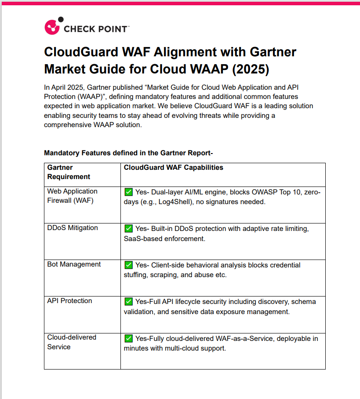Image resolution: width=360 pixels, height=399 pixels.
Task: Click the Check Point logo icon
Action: click(52, 26)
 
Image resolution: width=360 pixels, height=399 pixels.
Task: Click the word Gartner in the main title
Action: click(273, 52)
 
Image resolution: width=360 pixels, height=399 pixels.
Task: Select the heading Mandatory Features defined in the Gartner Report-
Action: click(128, 153)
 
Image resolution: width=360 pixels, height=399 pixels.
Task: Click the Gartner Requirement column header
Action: click(69, 172)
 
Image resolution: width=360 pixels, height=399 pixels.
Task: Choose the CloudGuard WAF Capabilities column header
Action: click(173, 168)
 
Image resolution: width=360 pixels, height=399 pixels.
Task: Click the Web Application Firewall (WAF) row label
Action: click(72, 196)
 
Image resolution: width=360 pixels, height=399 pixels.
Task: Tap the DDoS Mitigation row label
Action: click(73, 228)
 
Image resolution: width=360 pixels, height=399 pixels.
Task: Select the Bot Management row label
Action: click(74, 264)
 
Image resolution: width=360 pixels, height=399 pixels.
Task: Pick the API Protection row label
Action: click(69, 301)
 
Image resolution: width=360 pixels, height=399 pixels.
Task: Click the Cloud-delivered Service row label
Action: click(72, 342)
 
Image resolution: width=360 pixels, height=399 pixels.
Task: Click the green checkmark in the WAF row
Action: click(128, 192)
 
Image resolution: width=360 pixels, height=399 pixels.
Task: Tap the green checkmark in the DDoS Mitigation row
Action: click(128, 228)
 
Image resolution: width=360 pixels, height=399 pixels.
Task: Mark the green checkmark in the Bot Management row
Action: click(128, 265)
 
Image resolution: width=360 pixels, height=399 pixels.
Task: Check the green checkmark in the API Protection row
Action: click(128, 301)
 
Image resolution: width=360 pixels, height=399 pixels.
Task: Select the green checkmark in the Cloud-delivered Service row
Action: click(128, 338)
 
